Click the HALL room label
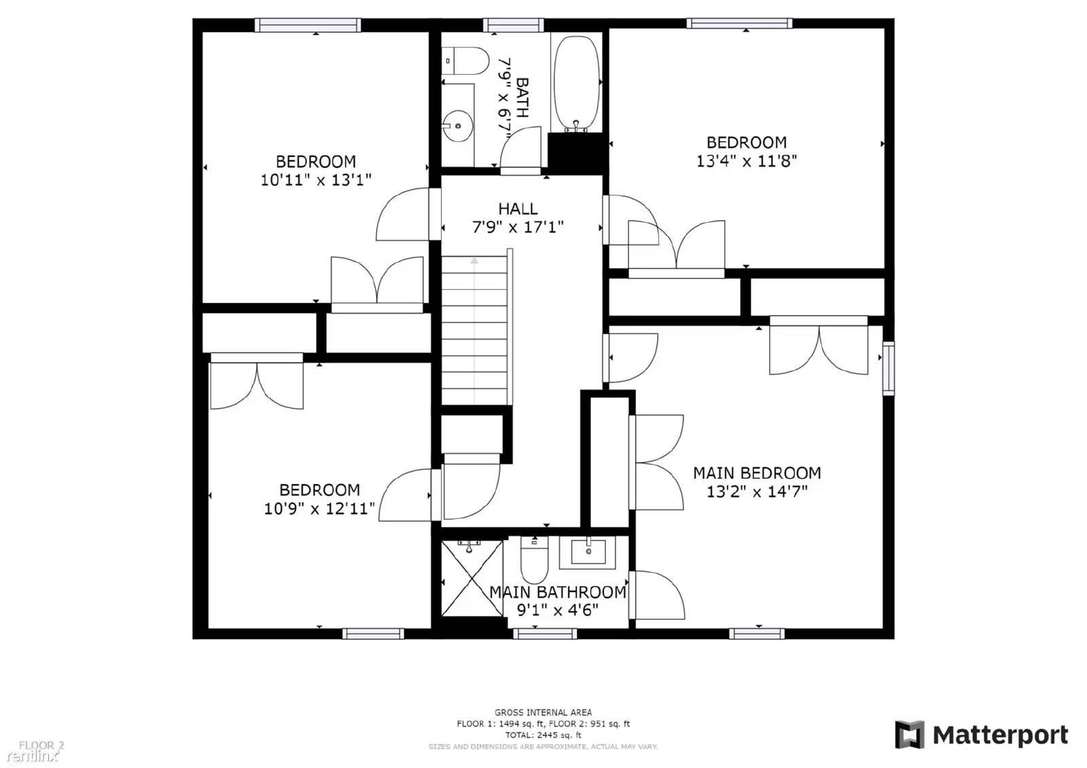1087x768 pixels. pyautogui.click(x=518, y=209)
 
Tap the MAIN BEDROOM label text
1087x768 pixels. pyautogui.click(x=757, y=473)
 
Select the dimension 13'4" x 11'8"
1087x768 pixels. pyautogui.click(x=746, y=162)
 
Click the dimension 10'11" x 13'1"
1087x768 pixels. pyautogui.click(x=316, y=181)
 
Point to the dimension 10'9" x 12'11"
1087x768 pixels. pyautogui.click(x=319, y=509)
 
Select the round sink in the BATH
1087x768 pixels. pyautogui.click(x=457, y=126)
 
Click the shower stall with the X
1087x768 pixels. pyautogui.click(x=471, y=578)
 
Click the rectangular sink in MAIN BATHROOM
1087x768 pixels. pyautogui.click(x=588, y=552)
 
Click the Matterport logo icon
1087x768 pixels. pyautogui.click(x=909, y=735)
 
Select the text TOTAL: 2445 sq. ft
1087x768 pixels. pyautogui.click(x=543, y=735)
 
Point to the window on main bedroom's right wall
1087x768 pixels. pyautogui.click(x=888, y=368)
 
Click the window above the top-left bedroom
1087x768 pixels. pyautogui.click(x=308, y=25)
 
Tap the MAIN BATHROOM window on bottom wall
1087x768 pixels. pyautogui.click(x=545, y=634)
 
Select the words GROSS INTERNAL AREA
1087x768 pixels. pyautogui.click(x=543, y=712)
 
